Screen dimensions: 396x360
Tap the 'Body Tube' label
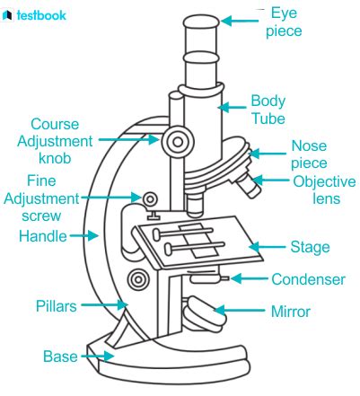[268, 110]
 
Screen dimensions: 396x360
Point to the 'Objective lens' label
[324, 190]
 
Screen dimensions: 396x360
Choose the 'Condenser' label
[308, 279]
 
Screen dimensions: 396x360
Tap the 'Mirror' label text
[290, 312]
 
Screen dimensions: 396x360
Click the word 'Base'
[60, 356]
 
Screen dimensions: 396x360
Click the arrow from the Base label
[97, 356]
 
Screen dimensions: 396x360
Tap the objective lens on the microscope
[249, 186]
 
